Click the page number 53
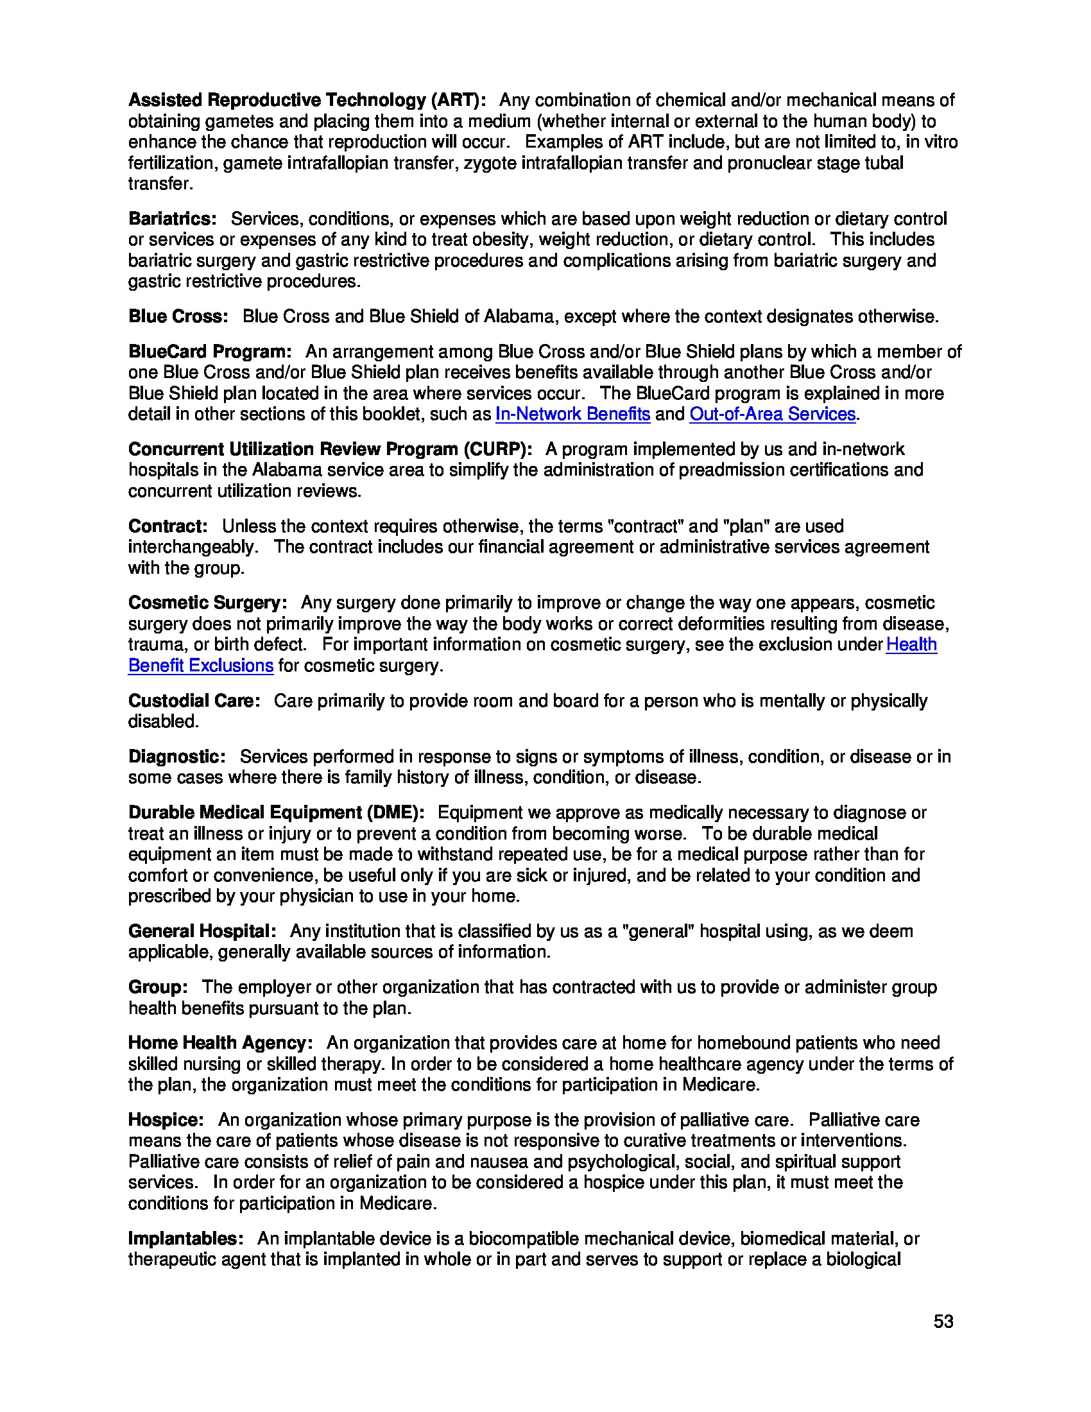tap(943, 1322)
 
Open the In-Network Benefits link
tap(572, 414)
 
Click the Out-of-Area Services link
tap(772, 414)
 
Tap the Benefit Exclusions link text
tap(200, 666)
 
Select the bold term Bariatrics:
tap(173, 218)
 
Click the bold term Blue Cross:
tap(178, 316)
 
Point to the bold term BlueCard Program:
tap(210, 352)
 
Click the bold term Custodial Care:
tap(194, 701)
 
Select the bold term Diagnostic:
tap(177, 757)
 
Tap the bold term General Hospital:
tap(202, 931)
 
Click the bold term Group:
tap(159, 987)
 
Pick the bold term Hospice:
tap(166, 1120)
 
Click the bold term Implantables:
tap(185, 1239)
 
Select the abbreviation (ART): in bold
tap(459, 100)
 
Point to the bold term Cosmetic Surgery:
tap(207, 603)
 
